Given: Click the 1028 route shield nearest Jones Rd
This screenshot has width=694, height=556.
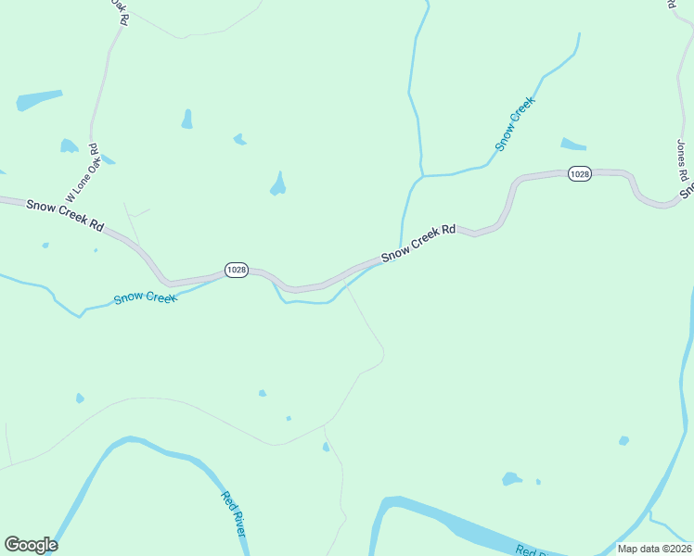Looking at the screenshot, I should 580,174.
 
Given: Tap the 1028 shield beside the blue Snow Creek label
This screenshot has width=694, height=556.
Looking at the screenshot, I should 237,270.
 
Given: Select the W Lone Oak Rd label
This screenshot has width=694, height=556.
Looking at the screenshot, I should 81,173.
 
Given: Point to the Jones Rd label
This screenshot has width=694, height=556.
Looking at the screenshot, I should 682,160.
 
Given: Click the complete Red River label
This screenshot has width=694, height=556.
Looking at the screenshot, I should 233,512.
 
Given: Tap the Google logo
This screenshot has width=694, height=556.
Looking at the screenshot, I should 31,545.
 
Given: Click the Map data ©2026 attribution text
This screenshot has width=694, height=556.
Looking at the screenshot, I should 654,549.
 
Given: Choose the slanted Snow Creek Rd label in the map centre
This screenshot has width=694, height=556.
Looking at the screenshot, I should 418,241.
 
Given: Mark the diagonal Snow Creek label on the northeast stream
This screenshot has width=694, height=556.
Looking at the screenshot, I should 516,124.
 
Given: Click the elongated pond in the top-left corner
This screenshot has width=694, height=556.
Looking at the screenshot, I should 39,100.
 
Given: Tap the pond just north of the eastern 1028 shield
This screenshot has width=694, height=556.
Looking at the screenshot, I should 573,144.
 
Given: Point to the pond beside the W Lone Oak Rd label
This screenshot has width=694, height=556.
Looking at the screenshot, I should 69,145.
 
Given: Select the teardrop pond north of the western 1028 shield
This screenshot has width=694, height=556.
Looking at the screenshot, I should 277,184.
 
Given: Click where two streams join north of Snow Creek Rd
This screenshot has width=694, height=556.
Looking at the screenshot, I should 423,175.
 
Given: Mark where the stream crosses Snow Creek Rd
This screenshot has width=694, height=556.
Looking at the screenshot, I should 399,250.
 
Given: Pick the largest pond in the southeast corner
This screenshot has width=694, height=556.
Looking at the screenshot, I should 511,479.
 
